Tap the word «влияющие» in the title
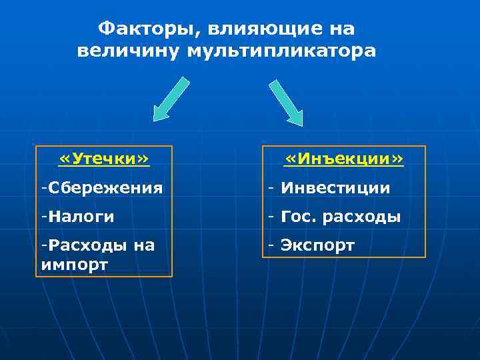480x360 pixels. coord(257,29)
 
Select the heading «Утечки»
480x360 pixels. coord(104,159)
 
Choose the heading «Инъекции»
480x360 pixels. coord(344,159)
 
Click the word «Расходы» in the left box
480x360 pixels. coord(86,245)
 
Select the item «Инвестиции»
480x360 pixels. coord(335,188)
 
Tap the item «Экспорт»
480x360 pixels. coord(317,245)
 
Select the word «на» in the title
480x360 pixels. coord(341,29)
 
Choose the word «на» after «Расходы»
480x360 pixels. coord(144,245)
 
